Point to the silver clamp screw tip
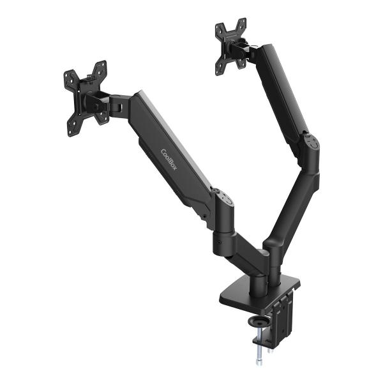coord(260,359)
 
